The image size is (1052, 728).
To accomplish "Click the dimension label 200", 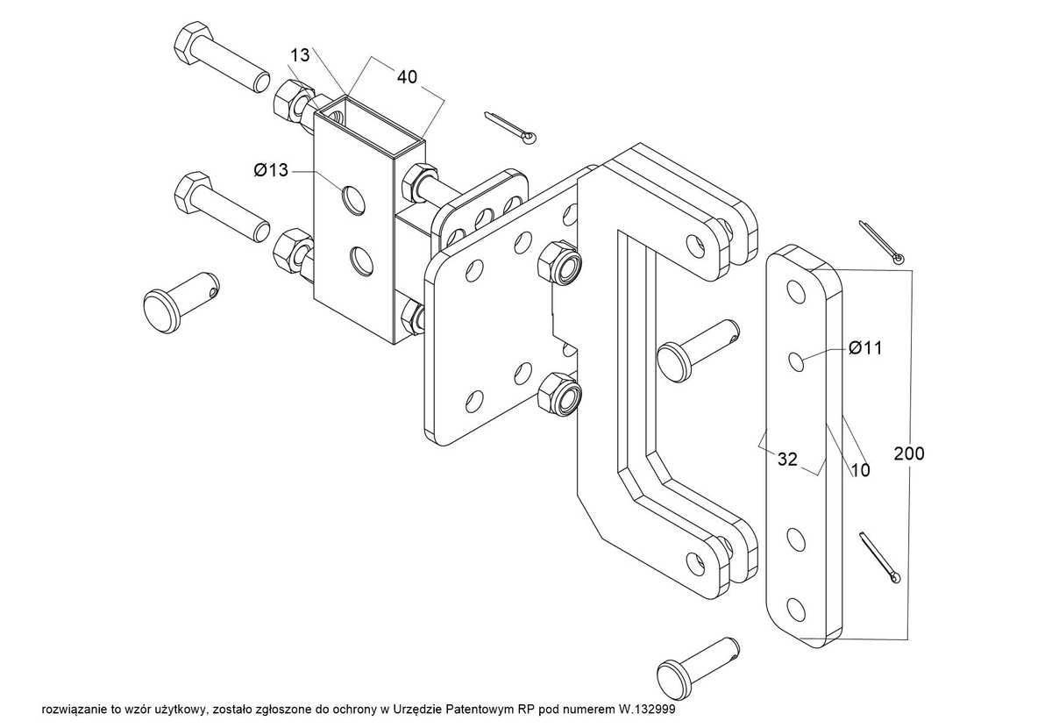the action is [x=909, y=453].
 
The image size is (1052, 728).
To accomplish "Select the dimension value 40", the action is [x=407, y=76].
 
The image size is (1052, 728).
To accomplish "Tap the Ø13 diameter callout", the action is [x=271, y=169].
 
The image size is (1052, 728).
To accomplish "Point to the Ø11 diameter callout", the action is [x=865, y=348].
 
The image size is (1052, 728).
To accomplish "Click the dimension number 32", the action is [x=787, y=460].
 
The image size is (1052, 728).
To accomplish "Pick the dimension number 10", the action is [x=860, y=470].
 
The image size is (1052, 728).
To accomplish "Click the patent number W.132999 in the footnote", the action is [x=645, y=710].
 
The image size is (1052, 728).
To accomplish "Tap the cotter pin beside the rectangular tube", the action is [x=510, y=128].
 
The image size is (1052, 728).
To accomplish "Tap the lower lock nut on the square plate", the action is [x=559, y=395].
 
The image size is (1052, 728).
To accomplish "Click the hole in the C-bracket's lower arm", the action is [x=695, y=563].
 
